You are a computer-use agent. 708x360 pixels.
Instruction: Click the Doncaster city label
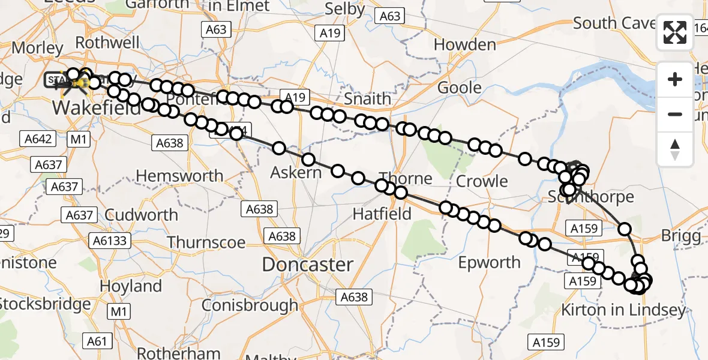(307, 264)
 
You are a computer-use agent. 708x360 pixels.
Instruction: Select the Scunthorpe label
(591, 197)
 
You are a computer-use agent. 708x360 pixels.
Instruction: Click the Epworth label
(489, 262)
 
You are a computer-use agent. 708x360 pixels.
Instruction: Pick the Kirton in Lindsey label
(623, 310)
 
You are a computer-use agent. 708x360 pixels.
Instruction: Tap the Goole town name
(460, 88)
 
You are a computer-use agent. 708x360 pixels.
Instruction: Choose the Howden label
(464, 44)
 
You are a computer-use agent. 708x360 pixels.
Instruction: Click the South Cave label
(612, 23)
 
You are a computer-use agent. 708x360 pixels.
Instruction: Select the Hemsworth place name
(172, 176)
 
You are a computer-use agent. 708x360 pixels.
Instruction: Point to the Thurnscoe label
(206, 242)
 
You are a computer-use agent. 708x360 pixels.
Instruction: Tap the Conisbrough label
(249, 305)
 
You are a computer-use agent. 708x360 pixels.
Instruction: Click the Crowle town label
(482, 181)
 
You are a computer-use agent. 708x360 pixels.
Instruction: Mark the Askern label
(296, 173)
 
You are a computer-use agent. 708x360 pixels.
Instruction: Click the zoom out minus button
(675, 114)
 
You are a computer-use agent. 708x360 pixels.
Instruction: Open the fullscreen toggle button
(675, 32)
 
